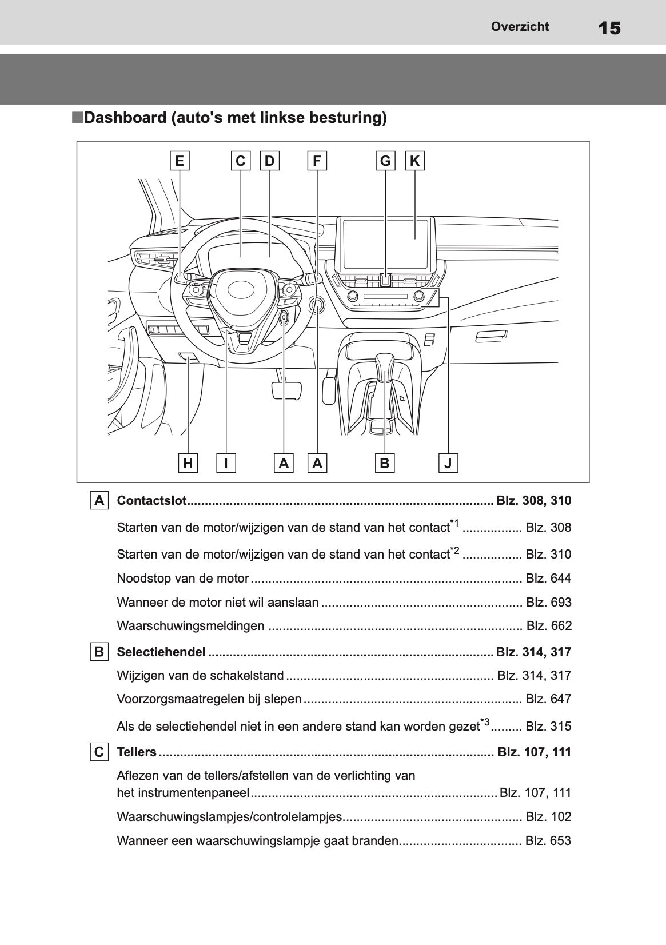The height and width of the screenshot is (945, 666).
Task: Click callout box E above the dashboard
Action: [180, 161]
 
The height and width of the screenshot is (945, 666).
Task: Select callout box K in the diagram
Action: [415, 161]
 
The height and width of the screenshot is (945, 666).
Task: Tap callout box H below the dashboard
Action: [188, 463]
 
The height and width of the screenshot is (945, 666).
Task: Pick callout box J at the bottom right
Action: [448, 463]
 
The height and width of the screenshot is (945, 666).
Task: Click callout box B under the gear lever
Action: [385, 463]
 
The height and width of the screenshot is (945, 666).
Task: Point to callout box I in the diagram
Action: [226, 463]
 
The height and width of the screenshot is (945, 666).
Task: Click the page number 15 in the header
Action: [609, 27]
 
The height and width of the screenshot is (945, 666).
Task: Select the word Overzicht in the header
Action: [520, 26]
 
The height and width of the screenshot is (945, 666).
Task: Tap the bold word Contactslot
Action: [151, 501]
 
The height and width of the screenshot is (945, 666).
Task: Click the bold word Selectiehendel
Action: [161, 652]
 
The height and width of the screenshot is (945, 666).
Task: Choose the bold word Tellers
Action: [136, 752]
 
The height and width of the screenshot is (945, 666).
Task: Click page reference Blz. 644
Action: [548, 578]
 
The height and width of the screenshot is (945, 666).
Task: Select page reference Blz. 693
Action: [548, 602]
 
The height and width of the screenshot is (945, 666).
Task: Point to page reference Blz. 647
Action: [548, 699]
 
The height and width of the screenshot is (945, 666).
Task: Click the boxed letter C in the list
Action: [99, 752]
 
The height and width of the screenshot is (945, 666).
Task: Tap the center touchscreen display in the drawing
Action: [385, 244]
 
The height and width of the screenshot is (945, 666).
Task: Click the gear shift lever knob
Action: [385, 366]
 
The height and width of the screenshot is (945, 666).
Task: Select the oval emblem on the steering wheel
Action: [244, 290]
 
